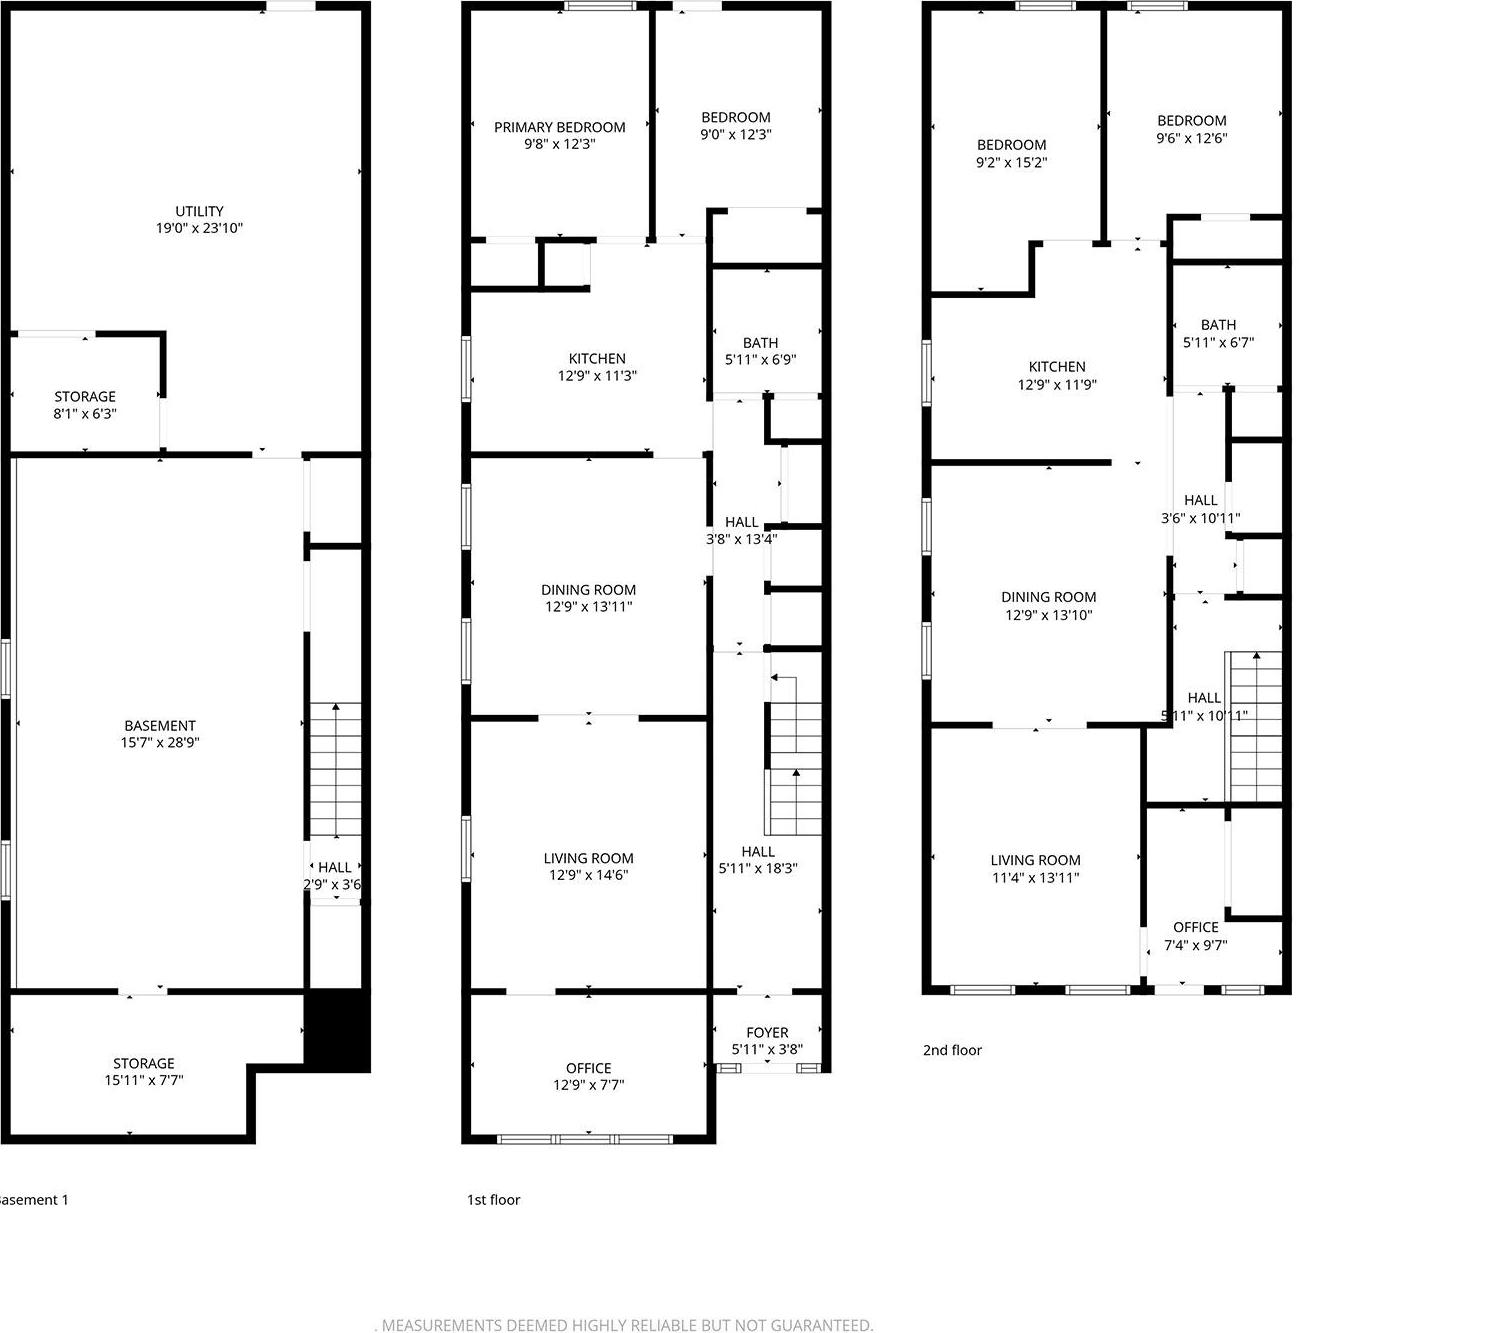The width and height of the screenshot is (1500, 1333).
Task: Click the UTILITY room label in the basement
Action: coord(200,211)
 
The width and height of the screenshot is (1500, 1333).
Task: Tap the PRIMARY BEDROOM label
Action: coord(560,127)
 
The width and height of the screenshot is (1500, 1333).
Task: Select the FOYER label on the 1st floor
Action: coord(767,1032)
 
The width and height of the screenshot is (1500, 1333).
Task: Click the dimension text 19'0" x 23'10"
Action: coord(200,228)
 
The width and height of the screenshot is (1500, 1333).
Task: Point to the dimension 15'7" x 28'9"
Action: coord(160,743)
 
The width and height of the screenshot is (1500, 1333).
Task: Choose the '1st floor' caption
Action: coord(494,1199)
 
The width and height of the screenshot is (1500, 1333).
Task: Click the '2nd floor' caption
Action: coord(952,1050)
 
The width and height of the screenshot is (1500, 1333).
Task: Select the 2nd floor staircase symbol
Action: coord(1254,726)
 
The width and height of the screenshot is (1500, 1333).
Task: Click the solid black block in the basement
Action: coord(337,1030)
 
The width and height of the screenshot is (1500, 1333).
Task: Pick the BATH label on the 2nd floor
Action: coord(1218,325)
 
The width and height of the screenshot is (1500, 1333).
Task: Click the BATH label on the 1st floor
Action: coord(761,343)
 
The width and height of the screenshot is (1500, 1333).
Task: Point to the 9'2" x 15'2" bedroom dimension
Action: coord(1012,162)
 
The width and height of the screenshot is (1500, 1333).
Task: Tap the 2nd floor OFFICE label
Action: coord(1196,927)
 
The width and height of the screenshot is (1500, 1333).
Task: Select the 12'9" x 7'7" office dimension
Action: coord(589,1085)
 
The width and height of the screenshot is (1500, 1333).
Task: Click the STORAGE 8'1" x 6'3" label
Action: coord(85,396)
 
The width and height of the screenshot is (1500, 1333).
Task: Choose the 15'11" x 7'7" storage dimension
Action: coord(144,1080)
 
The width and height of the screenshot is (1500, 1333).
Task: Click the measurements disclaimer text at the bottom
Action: coord(625,1325)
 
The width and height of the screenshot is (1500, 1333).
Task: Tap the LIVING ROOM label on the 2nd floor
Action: coord(1035,860)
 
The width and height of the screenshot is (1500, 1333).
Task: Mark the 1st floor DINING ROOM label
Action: coord(588,590)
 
